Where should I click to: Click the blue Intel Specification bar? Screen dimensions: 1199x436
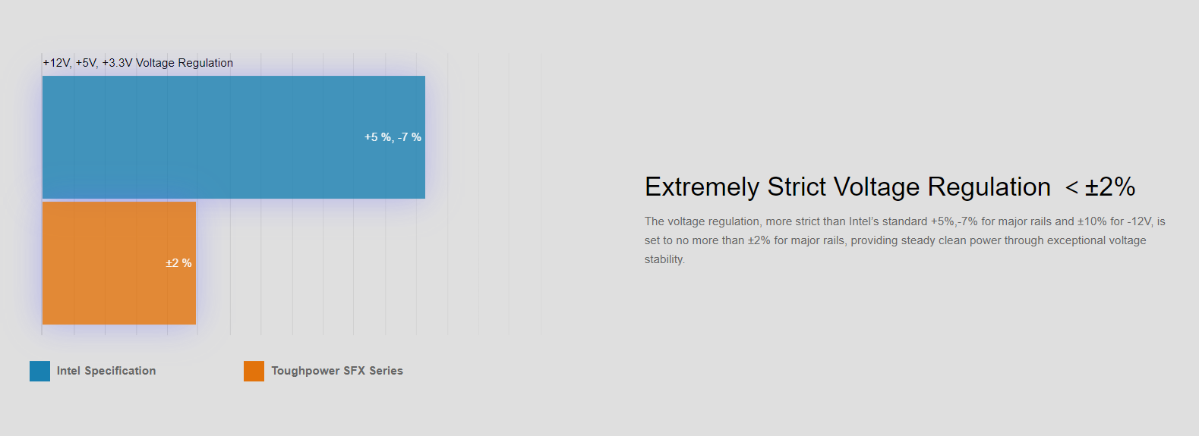pyautogui.click(x=233, y=137)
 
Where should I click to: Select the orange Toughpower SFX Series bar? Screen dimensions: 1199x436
pyautogui.click(x=118, y=263)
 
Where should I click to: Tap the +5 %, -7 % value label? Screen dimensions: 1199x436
pyautogui.click(x=393, y=137)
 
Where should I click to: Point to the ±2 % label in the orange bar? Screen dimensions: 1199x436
pyautogui.click(x=178, y=263)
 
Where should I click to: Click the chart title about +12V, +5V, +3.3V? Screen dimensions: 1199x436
pyautogui.click(x=138, y=63)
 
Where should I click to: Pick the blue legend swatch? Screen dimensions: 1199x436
pyautogui.click(x=39, y=371)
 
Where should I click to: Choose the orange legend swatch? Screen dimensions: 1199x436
pyautogui.click(x=254, y=371)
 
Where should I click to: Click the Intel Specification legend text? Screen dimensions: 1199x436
pyautogui.click(x=106, y=371)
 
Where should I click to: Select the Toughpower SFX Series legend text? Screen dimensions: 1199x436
pyautogui.click(x=337, y=371)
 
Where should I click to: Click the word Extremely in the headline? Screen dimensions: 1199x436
pyautogui.click(x=702, y=187)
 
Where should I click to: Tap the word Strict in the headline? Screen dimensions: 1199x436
pyautogui.click(x=797, y=187)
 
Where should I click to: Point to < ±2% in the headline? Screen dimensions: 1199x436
pyautogui.click(x=1100, y=187)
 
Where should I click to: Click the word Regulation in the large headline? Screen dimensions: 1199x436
pyautogui.click(x=989, y=188)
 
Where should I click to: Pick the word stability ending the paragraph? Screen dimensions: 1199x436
pyautogui.click(x=664, y=259)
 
